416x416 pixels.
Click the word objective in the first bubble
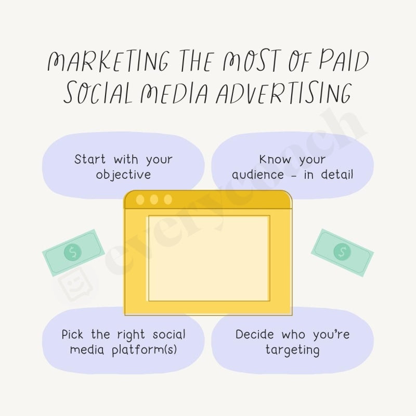[x=123, y=175]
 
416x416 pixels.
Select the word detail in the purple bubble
[x=336, y=175]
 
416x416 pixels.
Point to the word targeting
[x=292, y=350]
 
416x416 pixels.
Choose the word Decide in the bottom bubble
[x=255, y=334]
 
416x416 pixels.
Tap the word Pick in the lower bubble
[x=73, y=334]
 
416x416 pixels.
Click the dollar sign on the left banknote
[x=72, y=253]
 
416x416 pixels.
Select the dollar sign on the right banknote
[x=342, y=252]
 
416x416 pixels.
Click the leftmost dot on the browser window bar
[x=140, y=199]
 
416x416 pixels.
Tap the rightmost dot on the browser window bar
[x=167, y=199]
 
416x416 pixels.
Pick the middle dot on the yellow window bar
[x=154, y=199]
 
